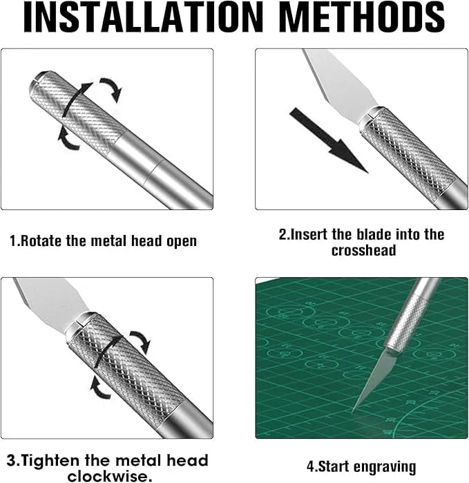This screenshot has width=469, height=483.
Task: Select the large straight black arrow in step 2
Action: point(327,139)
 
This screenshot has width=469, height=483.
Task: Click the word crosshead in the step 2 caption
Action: point(363,251)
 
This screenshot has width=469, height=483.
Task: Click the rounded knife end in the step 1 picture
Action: point(38,79)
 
